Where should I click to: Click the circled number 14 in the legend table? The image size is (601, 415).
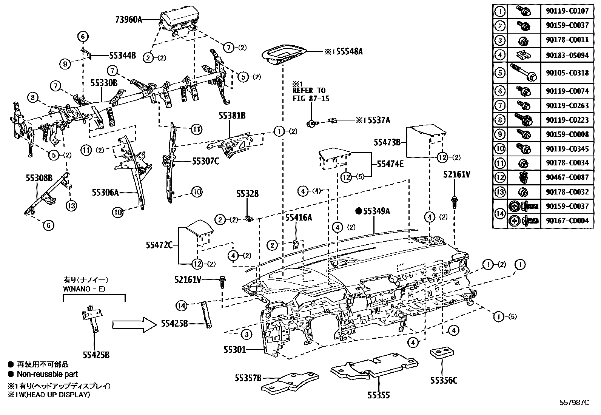coord(500,213)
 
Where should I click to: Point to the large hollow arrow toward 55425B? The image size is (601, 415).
coord(134,324)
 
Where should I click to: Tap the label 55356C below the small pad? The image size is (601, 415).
coord(444,380)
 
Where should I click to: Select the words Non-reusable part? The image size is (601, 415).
coord(48,374)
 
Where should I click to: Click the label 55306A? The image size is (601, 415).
coord(105,192)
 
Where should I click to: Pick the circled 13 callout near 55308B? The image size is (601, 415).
coord(71,206)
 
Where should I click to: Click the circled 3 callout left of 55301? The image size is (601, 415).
coord(246,334)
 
